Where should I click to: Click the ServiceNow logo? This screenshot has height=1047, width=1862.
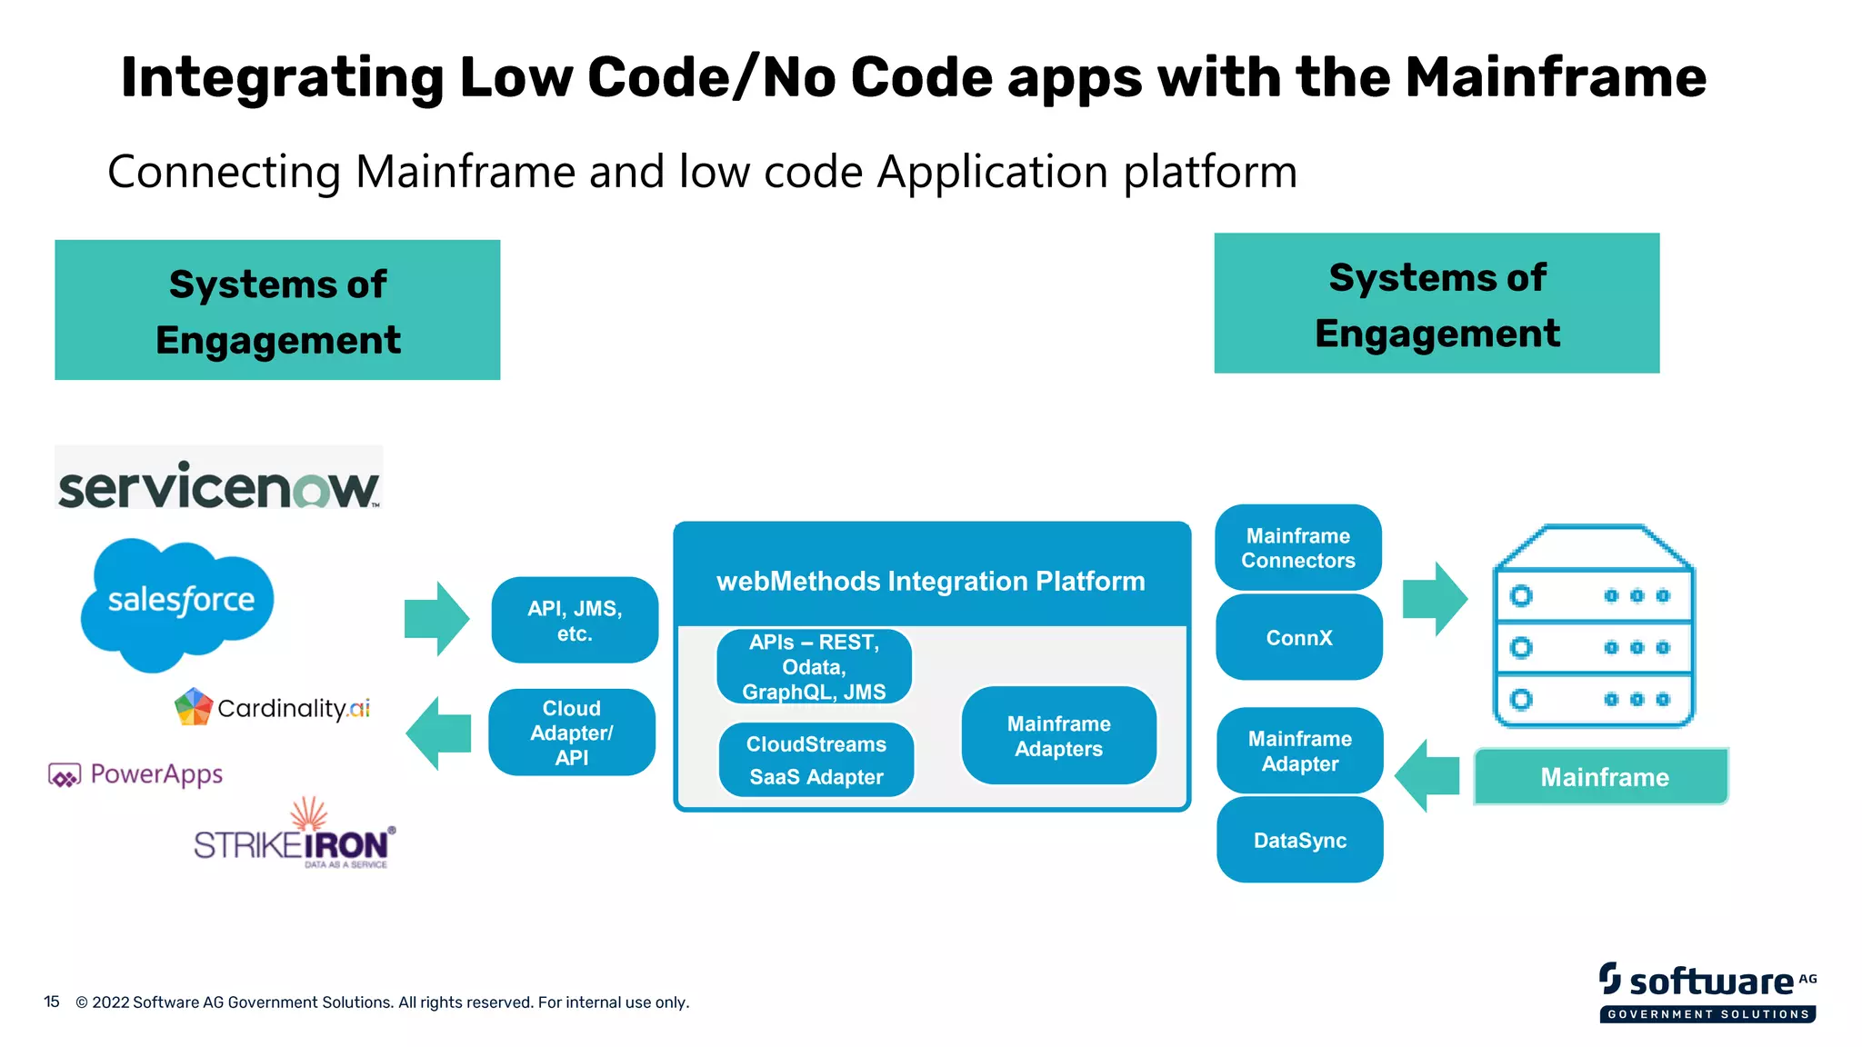tap(218, 485)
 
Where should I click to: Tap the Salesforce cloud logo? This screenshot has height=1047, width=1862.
tap(178, 602)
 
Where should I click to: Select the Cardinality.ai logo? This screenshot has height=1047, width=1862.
tap(273, 707)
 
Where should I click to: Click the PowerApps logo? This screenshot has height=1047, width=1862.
tap(136, 774)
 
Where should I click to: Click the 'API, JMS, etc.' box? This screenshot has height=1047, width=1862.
tap(575, 621)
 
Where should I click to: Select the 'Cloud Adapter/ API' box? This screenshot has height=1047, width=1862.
tap(572, 733)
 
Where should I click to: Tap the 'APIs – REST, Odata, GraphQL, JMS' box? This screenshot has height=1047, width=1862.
tap(814, 667)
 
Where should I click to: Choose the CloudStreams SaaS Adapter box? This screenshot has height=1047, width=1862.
tap(816, 760)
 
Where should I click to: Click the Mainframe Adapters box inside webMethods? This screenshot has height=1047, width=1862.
tap(1058, 736)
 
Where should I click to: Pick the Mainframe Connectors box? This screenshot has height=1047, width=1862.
tap(1298, 548)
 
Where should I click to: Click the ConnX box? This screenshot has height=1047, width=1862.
tap(1299, 638)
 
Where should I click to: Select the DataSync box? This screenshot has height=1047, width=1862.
tap(1300, 841)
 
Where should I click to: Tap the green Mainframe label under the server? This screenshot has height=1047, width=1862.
tap(1602, 777)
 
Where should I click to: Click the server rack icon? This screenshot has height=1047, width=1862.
tap(1594, 627)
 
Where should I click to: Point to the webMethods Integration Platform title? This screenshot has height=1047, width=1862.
tap(931, 581)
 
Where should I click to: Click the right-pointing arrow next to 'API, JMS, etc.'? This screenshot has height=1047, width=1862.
tap(437, 619)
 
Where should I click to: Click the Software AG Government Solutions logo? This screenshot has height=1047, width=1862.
tap(1707, 992)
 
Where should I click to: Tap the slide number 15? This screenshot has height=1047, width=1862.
tap(52, 1002)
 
